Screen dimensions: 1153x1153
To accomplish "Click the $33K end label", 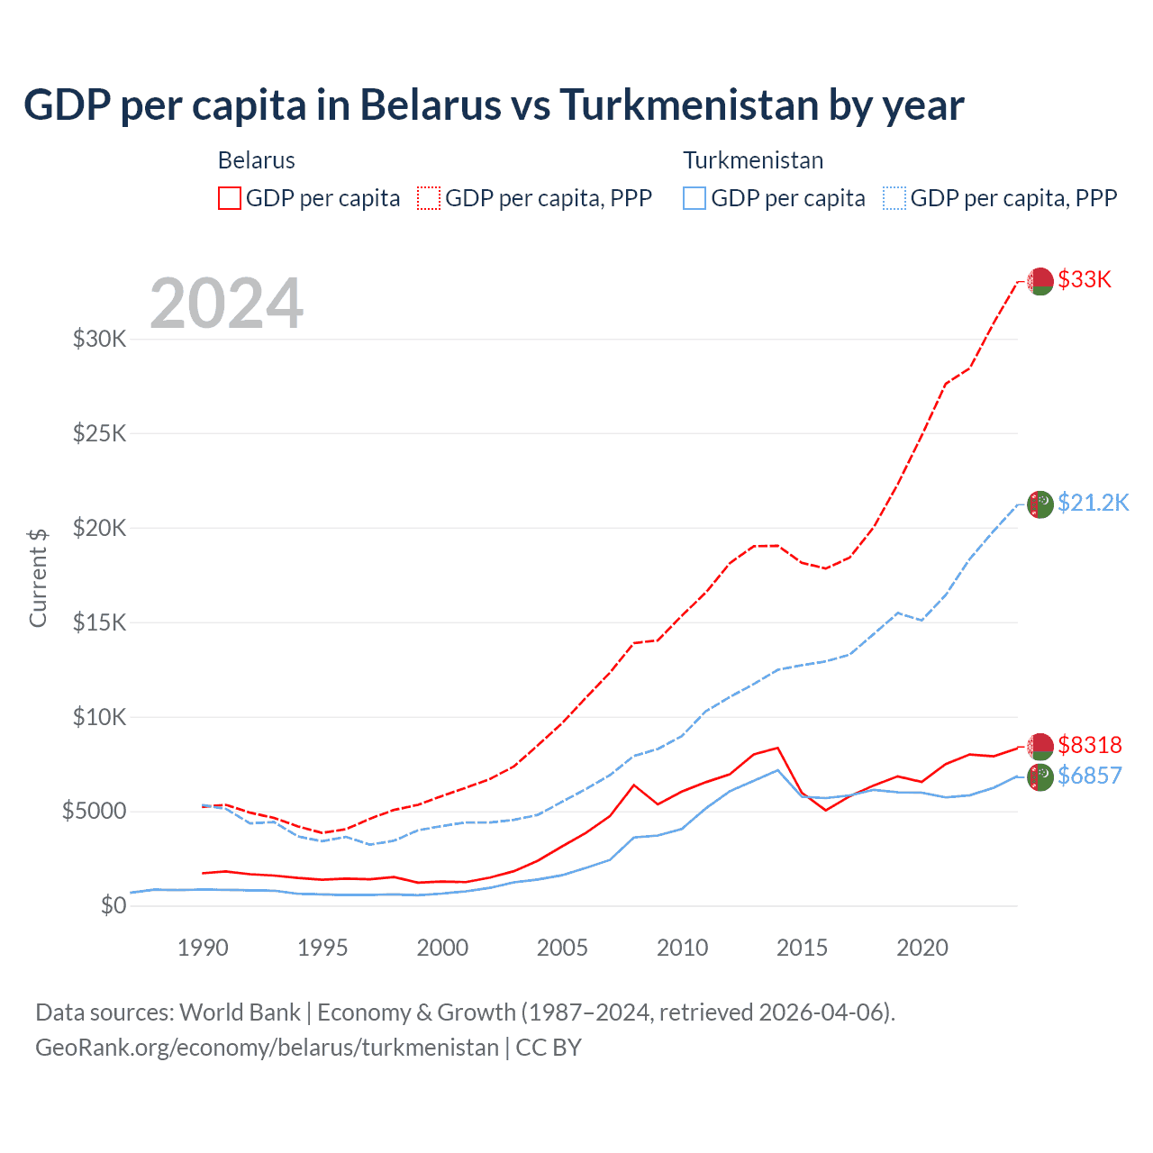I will pyautogui.click(x=1085, y=279).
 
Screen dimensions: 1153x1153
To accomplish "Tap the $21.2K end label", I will pyautogui.click(x=1093, y=503).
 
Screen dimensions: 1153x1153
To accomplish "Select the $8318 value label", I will pyautogui.click(x=1090, y=745).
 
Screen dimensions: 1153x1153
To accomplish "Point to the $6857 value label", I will pyautogui.click(x=1090, y=776).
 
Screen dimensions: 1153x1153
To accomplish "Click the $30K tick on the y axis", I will pyautogui.click(x=100, y=340).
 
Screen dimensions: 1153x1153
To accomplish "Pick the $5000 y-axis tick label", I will pyautogui.click(x=94, y=811).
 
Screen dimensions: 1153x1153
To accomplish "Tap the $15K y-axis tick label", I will pyautogui.click(x=100, y=622).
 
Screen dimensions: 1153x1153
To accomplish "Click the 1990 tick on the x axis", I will pyautogui.click(x=203, y=948).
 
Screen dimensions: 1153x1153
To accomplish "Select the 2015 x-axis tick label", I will pyautogui.click(x=802, y=948).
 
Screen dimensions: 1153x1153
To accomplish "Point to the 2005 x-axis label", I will pyautogui.click(x=562, y=948).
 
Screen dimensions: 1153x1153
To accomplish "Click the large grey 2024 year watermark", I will pyautogui.click(x=227, y=304).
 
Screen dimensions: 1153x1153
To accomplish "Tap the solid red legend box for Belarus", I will pyautogui.click(x=230, y=198).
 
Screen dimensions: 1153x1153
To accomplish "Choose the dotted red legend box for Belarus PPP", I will pyautogui.click(x=429, y=198).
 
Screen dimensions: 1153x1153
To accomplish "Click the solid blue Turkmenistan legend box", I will pyautogui.click(x=695, y=198).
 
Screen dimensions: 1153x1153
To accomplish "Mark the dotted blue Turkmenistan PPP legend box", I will pyautogui.click(x=894, y=198).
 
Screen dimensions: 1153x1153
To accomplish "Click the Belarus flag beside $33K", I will pyautogui.click(x=1040, y=281).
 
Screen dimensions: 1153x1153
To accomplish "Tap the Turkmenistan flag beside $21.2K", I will pyautogui.click(x=1040, y=504).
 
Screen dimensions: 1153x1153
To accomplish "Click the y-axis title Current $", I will pyautogui.click(x=38, y=577).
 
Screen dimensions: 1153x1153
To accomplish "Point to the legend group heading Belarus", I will pyautogui.click(x=257, y=160).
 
